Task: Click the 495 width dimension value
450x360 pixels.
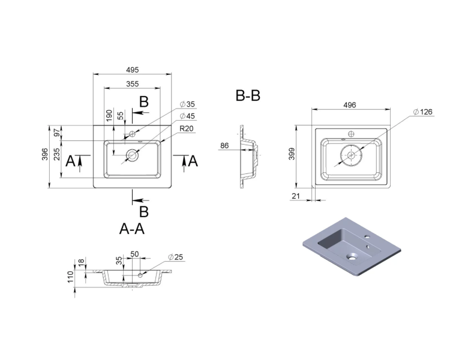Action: click(x=133, y=70)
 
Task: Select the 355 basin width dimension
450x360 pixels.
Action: click(x=133, y=84)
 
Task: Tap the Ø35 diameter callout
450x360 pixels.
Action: click(x=187, y=104)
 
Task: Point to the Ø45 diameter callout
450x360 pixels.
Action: click(x=187, y=116)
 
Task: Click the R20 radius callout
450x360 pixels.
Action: click(x=187, y=128)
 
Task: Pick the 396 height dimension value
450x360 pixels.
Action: click(x=45, y=154)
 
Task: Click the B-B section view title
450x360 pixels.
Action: click(x=248, y=95)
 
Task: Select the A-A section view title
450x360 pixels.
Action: click(x=132, y=229)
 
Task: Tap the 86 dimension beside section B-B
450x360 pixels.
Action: click(x=224, y=146)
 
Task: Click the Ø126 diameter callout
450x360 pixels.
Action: click(x=423, y=112)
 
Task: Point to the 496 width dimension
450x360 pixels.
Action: click(x=350, y=105)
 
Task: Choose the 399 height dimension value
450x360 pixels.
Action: click(x=292, y=154)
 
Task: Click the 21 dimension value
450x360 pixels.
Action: click(x=296, y=196)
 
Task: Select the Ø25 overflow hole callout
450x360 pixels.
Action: click(x=175, y=257)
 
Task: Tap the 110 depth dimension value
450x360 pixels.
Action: click(x=71, y=277)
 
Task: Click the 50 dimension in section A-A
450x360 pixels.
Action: click(x=134, y=254)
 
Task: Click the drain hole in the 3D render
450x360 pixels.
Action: click(x=352, y=257)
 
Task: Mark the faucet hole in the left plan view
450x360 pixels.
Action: click(x=133, y=134)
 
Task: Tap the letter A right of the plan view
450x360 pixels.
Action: click(x=193, y=161)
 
